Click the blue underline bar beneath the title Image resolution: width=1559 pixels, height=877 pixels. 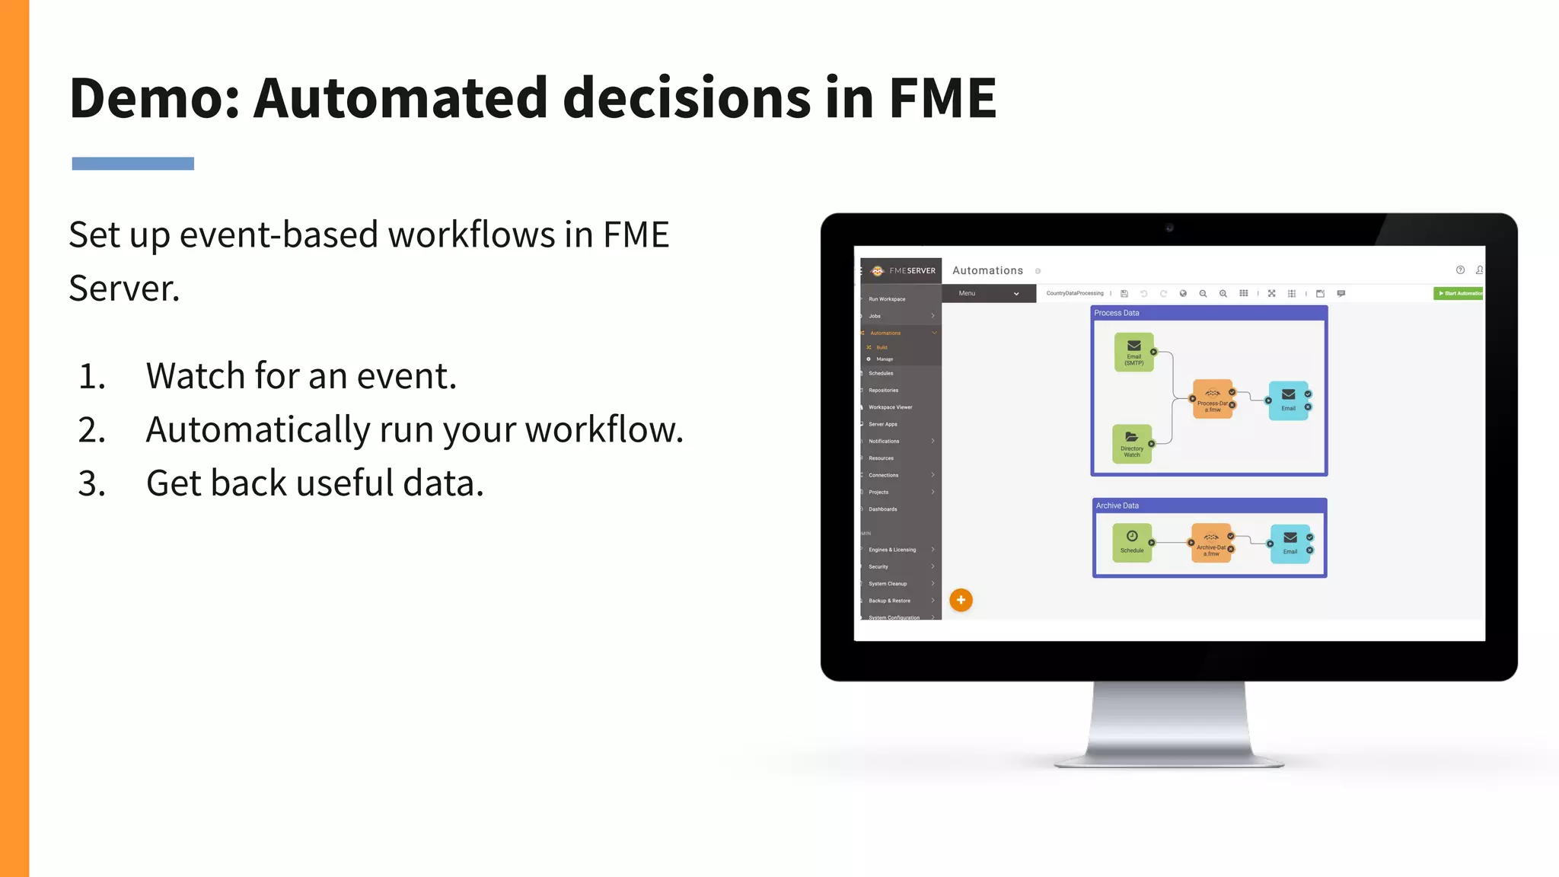click(132, 164)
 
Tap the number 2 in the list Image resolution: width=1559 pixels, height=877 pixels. click(91, 430)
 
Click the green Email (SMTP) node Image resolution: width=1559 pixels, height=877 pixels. click(1133, 352)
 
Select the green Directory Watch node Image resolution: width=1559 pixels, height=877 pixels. click(1132, 444)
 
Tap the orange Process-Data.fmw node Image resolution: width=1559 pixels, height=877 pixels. click(1212, 400)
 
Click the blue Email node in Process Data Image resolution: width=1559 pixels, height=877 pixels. click(1288, 400)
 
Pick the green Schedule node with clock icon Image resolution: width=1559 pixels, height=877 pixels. click(1132, 542)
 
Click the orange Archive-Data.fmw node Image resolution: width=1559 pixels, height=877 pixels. click(1210, 543)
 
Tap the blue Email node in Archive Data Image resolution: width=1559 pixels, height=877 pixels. click(1290, 543)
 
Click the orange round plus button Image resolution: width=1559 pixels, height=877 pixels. click(961, 600)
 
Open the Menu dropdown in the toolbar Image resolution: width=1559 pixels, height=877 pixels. click(988, 293)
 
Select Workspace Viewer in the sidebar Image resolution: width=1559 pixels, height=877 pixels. click(890, 407)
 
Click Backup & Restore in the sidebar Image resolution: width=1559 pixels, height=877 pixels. click(889, 601)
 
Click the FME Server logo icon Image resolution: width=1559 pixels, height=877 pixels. click(878, 270)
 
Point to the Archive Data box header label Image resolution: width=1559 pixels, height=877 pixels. click(1117, 505)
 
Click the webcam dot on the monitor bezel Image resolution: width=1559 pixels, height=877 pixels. click(1169, 228)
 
